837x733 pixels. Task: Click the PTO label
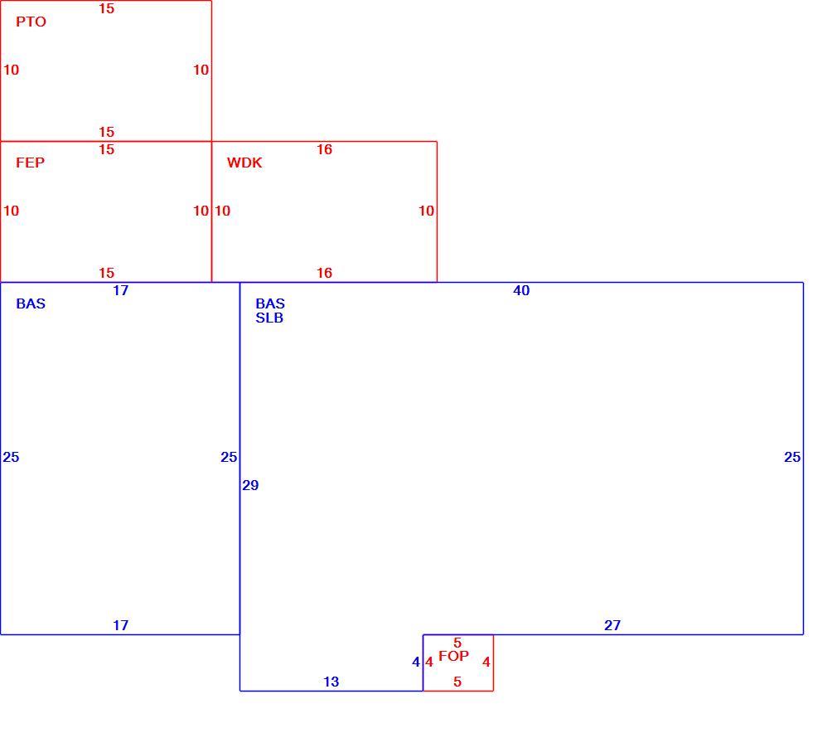coord(31,22)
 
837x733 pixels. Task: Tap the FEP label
coord(31,163)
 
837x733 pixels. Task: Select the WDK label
coord(244,163)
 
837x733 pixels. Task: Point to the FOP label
coord(454,656)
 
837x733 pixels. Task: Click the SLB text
coord(269,318)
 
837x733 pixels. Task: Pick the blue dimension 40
coord(521,291)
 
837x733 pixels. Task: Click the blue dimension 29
coord(250,485)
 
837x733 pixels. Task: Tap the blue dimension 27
coord(612,625)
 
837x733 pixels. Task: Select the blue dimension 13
coord(331,682)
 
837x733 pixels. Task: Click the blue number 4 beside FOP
coord(416,663)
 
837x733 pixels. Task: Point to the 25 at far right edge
coord(792,457)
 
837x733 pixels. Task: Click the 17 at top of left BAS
coord(121,291)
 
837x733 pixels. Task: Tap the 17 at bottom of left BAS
coord(121,625)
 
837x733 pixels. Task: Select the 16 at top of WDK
coord(325,149)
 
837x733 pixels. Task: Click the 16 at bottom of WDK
coord(325,273)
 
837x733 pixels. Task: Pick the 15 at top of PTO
coord(107,8)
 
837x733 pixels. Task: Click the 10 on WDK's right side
coord(426,211)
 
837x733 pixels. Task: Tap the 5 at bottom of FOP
coord(457,682)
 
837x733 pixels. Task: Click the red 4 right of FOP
coord(486,663)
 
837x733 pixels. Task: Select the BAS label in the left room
coord(31,303)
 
